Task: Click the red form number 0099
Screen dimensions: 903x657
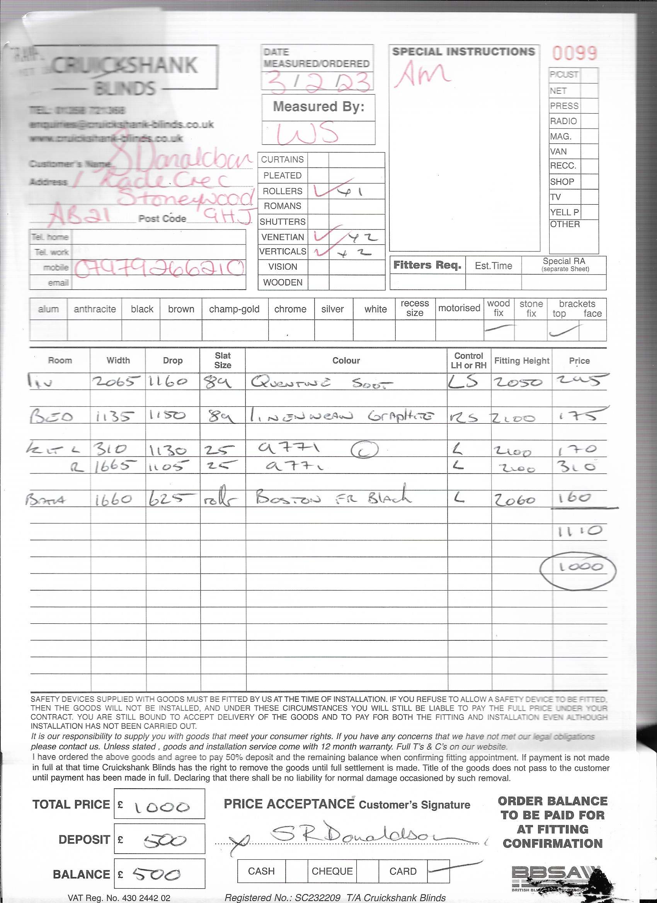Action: click(574, 53)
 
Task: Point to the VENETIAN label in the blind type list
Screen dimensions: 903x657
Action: click(283, 237)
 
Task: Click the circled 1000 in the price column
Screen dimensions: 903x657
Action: click(578, 567)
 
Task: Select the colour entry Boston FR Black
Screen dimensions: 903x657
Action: click(333, 498)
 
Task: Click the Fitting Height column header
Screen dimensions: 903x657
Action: click(521, 361)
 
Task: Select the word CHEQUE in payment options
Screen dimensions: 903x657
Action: click(332, 871)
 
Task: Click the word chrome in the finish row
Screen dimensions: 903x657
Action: click(290, 309)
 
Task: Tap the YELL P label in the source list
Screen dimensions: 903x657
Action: click(564, 212)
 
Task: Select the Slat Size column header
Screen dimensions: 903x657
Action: click(223, 360)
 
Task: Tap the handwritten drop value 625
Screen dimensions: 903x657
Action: click(172, 499)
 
